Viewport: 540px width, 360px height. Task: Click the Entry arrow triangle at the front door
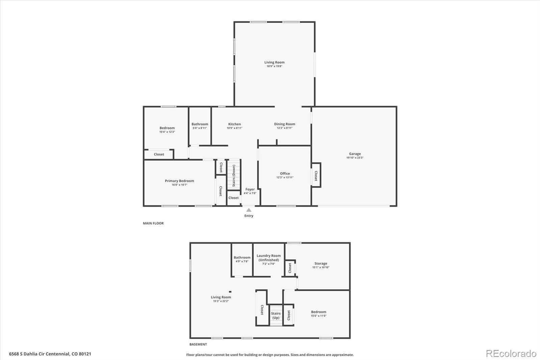(249, 210)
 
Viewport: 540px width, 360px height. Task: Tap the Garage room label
(355, 154)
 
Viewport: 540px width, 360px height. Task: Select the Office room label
(285, 174)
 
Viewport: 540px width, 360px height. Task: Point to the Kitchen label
(234, 124)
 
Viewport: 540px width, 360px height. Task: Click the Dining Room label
(285, 124)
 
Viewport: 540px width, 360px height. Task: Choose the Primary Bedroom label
(179, 181)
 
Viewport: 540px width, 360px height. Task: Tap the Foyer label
(250, 189)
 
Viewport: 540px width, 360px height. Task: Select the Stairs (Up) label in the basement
(276, 315)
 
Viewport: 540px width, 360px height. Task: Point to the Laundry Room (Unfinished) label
(269, 258)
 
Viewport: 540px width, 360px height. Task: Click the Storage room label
(321, 263)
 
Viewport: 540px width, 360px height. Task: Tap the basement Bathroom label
(242, 258)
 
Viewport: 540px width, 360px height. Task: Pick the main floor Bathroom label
(200, 124)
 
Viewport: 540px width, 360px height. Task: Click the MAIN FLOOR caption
(153, 223)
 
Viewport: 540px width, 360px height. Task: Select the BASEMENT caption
(198, 344)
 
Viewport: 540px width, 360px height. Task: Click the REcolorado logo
(511, 354)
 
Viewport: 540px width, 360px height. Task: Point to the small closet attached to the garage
(316, 175)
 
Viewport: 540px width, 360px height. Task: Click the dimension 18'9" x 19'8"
(274, 66)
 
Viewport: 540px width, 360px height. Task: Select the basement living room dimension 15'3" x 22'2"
(221, 301)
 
